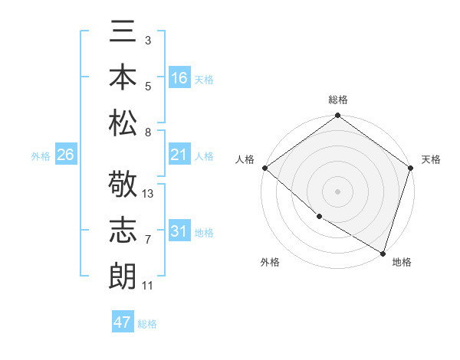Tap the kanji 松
point(123,122)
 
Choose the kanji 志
point(123,231)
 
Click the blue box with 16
point(179,77)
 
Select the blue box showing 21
point(179,155)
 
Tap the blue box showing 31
point(179,232)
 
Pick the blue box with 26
point(65,155)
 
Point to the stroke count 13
point(148,194)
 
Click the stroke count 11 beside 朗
point(148,286)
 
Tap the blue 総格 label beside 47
point(147,324)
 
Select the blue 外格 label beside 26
point(41,156)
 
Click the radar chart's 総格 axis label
point(338,100)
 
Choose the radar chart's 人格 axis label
point(246,159)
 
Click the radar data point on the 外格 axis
point(319,217)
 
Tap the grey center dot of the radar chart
point(337,191)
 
